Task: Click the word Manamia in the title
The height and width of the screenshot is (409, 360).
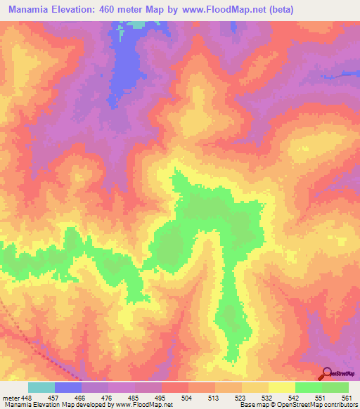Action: point(34,10)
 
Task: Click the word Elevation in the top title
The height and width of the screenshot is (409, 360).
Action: point(84,10)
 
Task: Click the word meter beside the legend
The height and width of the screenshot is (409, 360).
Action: point(11,398)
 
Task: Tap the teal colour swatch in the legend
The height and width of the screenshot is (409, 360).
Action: point(41,387)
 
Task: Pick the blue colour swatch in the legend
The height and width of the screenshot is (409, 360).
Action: point(68,387)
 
